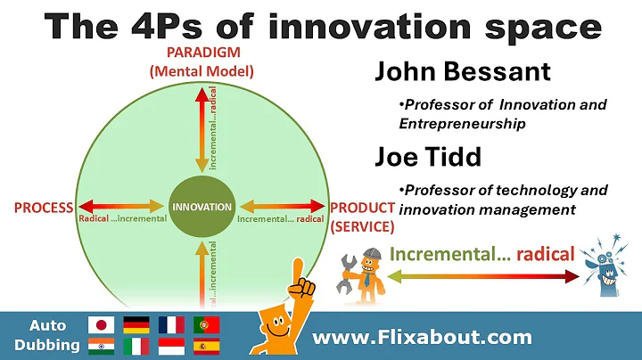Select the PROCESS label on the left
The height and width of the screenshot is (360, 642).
(44, 208)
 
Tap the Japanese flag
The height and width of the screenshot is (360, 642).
(100, 324)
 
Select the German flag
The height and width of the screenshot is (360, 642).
(136, 324)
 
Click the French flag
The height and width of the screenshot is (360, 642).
(171, 324)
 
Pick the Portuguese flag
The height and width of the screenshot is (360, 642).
(206, 324)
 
